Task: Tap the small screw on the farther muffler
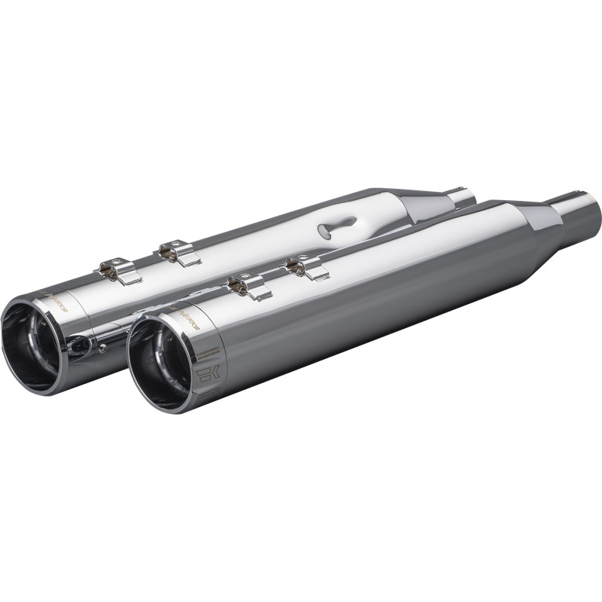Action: point(102,348)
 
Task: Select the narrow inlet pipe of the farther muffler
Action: point(461,197)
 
